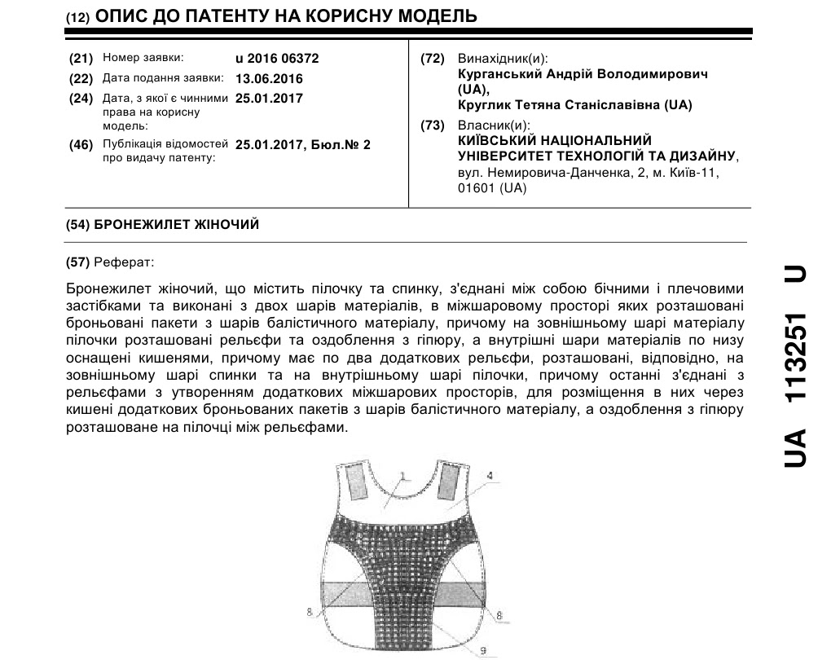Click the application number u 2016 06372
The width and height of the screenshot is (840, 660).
coord(276,59)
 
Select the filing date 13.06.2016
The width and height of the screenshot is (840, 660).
coord(268,79)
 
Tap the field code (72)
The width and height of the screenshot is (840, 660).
coord(432,59)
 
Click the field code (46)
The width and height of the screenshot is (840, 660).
coord(81,144)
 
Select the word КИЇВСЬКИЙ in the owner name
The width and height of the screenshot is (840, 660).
coord(498,140)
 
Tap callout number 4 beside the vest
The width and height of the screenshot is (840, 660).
coord(490,474)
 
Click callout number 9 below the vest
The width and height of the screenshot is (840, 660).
coord(483,649)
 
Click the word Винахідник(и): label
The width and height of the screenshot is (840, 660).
coord(503,59)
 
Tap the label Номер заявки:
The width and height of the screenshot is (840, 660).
coord(143,58)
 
